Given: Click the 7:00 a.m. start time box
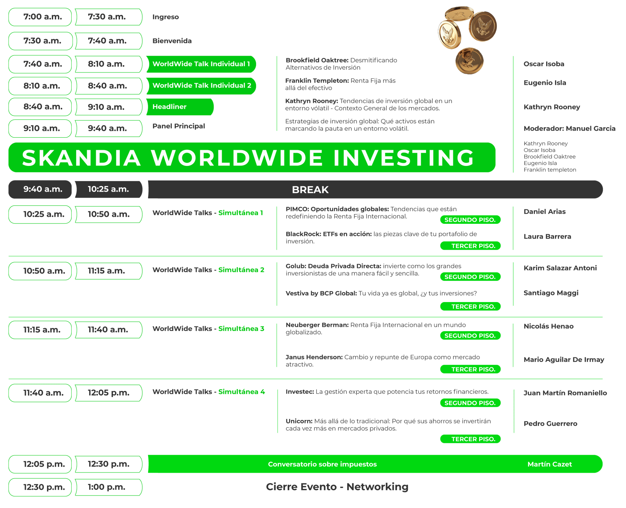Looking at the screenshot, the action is point(40,17).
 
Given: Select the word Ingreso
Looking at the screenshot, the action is point(166,17).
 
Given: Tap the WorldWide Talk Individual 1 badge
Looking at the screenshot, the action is point(201,64).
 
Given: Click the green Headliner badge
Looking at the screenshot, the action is point(180,107).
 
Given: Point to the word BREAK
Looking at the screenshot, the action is point(310,190).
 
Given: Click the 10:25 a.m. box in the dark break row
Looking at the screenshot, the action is point(109,189).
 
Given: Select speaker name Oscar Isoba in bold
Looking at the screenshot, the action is point(544,64).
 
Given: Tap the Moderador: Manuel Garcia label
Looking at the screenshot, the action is point(569,129).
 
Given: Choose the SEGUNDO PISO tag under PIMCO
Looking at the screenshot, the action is point(470,220).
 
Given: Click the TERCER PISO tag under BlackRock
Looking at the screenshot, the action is point(470,246).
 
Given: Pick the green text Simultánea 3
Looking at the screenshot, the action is point(241,329).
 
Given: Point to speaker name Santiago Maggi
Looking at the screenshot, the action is point(551,293).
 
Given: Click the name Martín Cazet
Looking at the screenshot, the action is point(550,464).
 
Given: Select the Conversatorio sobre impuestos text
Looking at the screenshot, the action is point(322,464).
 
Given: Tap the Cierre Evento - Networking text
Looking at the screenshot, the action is point(337,487).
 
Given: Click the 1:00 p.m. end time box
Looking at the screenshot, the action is point(109,487).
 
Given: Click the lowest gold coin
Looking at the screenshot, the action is point(469,61).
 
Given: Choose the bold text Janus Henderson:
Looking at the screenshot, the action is point(314,357).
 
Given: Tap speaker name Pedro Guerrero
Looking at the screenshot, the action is point(550,424).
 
